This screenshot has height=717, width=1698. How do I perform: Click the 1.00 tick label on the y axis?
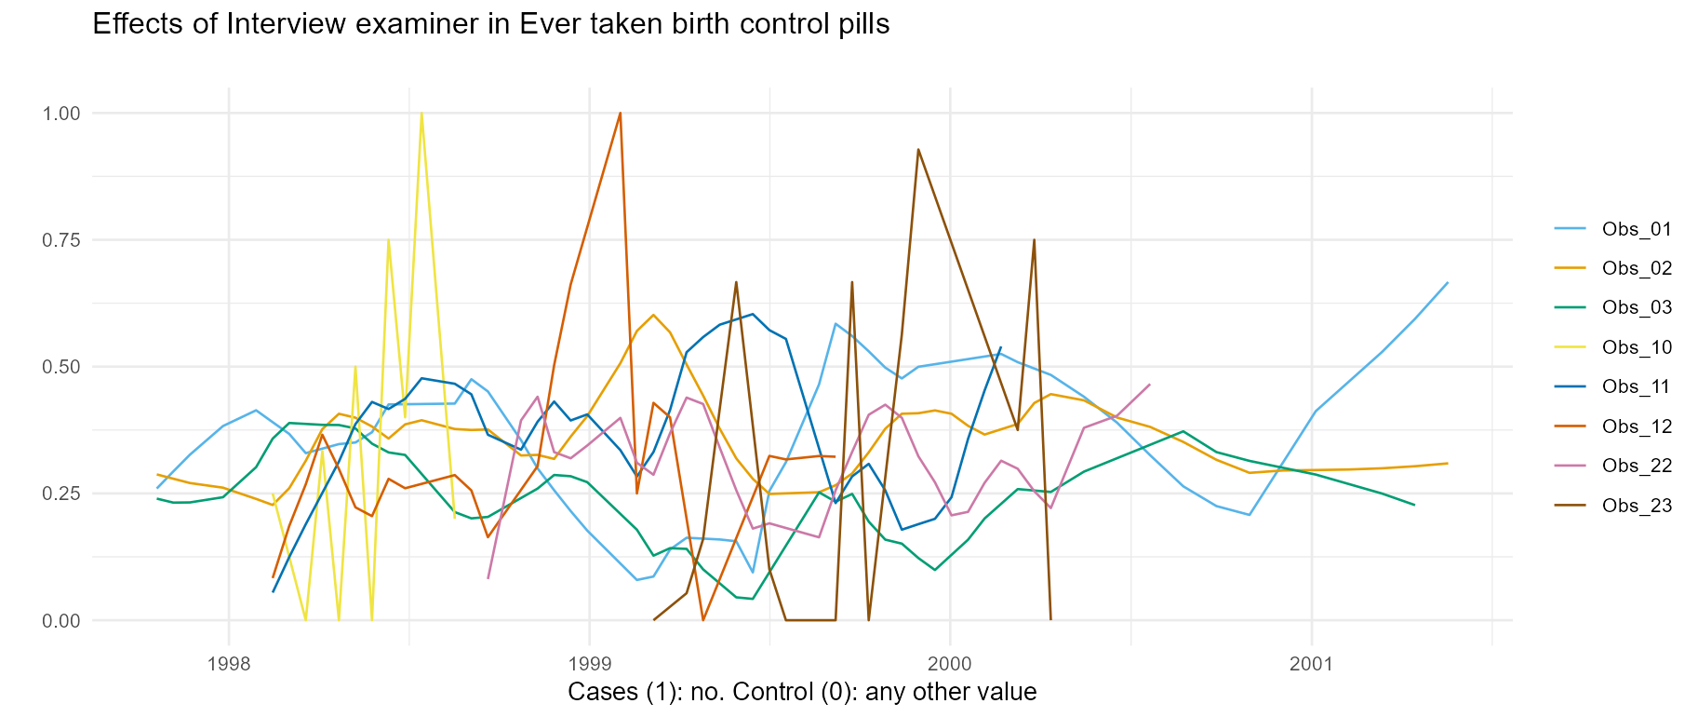pos(61,114)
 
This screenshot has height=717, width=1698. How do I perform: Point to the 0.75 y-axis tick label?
pos(61,240)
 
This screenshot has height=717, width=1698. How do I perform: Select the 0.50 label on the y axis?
pos(61,367)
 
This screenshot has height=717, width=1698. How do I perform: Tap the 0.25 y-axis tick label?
pos(61,494)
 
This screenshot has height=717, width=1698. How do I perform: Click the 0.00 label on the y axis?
pos(61,621)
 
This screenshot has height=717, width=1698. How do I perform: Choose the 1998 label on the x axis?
pos(229,664)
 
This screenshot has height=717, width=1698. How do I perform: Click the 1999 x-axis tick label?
pos(589,664)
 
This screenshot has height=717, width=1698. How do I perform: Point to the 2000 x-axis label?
pos(950,664)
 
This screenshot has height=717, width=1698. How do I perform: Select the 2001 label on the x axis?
pos(1311,664)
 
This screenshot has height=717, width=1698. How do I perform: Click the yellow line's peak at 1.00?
pos(421,115)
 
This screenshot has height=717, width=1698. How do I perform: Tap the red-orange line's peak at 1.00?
pos(620,115)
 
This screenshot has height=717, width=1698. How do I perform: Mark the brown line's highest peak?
pos(918,149)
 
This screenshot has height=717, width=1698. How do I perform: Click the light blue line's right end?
pos(1448,282)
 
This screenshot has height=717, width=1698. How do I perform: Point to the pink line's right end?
pos(1150,384)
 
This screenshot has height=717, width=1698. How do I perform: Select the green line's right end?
pos(1414,505)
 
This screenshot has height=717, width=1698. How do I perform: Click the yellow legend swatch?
pos(1570,347)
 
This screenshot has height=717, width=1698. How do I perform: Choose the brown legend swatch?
pos(1570,506)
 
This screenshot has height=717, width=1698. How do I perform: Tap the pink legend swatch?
pos(1570,466)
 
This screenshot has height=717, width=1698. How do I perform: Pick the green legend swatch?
pos(1570,307)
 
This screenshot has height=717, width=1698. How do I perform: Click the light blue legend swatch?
pos(1570,228)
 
